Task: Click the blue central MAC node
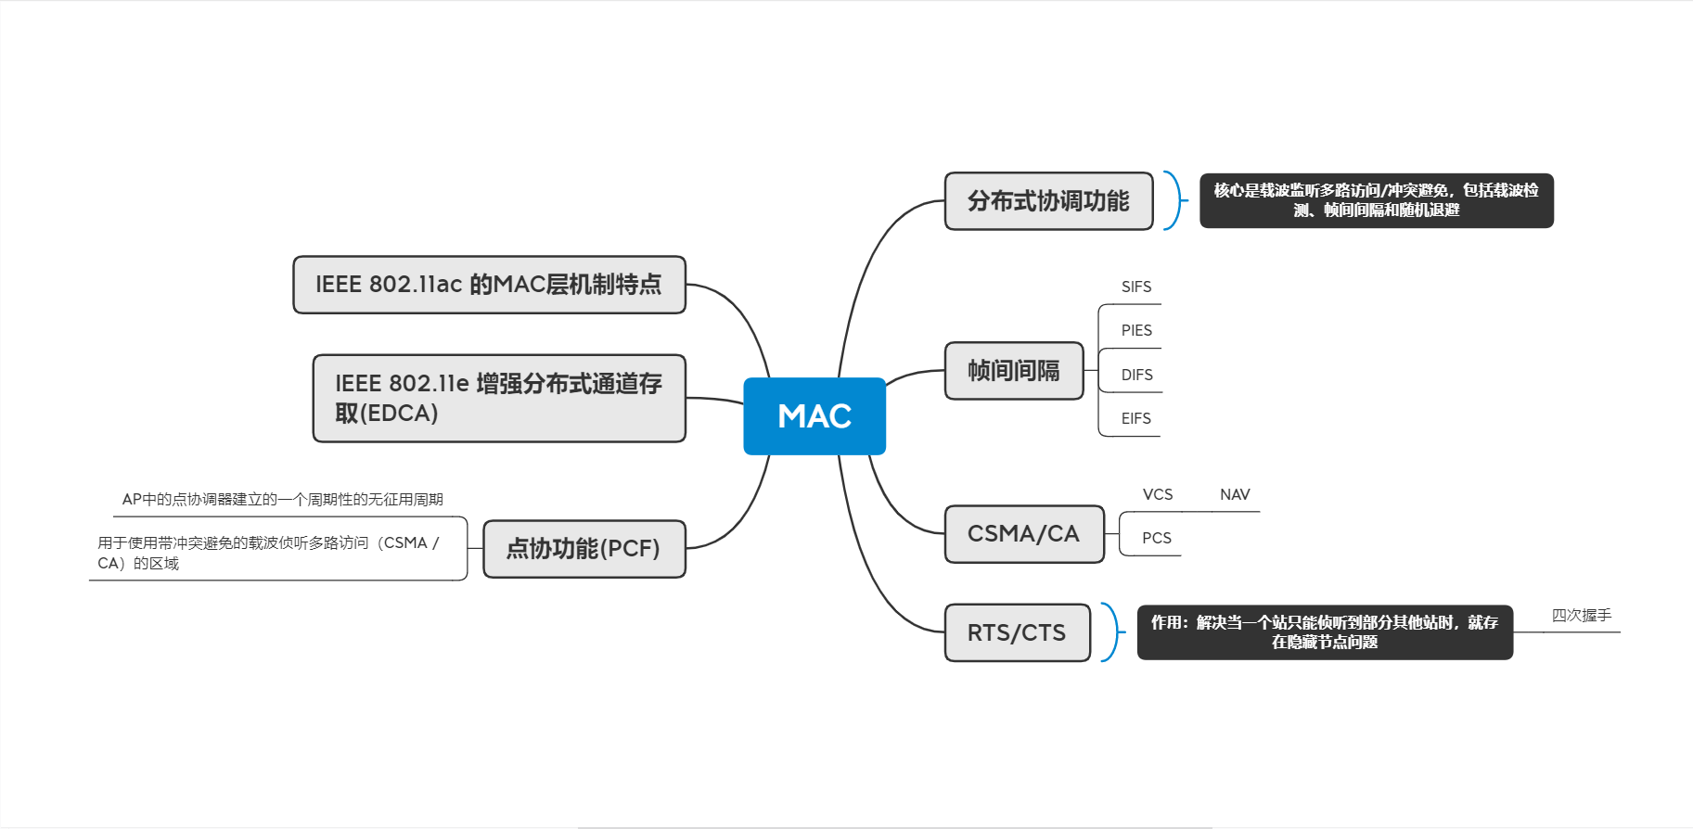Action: click(x=814, y=416)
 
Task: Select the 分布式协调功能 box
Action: click(x=1049, y=201)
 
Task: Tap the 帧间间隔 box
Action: click(x=1014, y=371)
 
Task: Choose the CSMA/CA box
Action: click(x=1024, y=534)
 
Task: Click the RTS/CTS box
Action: click(x=1017, y=632)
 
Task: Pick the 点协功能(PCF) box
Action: click(x=584, y=549)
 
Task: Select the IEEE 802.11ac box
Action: click(x=489, y=285)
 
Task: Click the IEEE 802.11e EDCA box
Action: click(x=499, y=399)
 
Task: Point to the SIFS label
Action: click(x=1136, y=287)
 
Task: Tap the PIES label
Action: click(x=1136, y=331)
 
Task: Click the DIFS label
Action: click(x=1136, y=376)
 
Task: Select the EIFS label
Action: click(x=1135, y=419)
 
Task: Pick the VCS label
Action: click(x=1158, y=495)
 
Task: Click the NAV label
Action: click(x=1235, y=495)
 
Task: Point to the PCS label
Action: click(x=1157, y=539)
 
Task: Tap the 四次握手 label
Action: click(x=1582, y=616)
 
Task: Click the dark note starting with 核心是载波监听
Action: click(x=1377, y=201)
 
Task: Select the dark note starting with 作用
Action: click(x=1325, y=632)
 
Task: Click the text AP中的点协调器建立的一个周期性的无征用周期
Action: click(x=283, y=500)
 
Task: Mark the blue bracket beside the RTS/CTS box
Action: click(x=1111, y=632)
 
